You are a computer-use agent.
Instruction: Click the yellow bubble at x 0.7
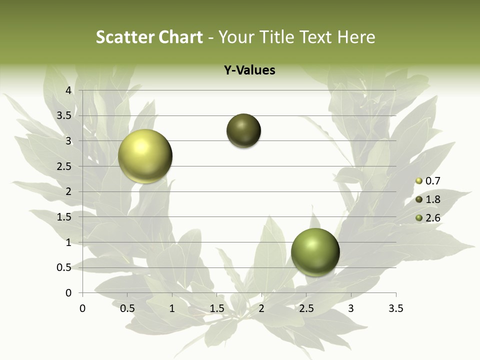145,156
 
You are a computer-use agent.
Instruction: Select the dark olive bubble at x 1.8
243,131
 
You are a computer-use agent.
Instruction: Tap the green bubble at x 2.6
315,252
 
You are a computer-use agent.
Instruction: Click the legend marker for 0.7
419,181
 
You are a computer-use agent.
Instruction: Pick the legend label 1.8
432,199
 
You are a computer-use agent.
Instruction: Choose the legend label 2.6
432,218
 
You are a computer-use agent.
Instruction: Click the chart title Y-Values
249,70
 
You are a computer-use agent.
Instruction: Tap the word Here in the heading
356,37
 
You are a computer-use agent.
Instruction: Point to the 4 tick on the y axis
69,90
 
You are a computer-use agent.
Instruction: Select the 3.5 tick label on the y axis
64,115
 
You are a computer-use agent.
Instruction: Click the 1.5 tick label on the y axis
64,217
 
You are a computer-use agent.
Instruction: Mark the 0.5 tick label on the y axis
64,267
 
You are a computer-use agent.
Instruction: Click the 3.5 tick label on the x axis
395,308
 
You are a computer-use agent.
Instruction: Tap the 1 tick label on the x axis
172,308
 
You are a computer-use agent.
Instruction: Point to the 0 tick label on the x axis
82,308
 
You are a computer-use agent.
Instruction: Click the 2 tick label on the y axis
69,191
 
